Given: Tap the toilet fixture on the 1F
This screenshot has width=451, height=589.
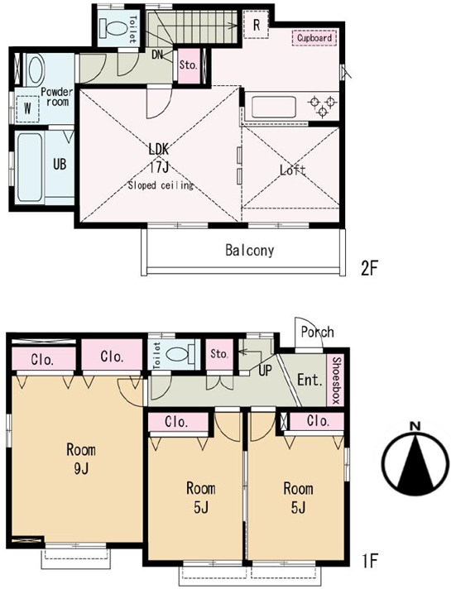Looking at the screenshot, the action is click(x=180, y=354).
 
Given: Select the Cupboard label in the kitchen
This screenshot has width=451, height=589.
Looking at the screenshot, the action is click(x=314, y=38).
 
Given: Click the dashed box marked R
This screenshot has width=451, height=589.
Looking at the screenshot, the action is click(x=257, y=25).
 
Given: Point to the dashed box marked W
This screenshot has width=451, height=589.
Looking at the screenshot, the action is click(x=27, y=108).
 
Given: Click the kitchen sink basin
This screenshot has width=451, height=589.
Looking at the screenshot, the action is click(x=274, y=107).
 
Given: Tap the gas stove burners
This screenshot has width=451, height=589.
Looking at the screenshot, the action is click(x=321, y=106).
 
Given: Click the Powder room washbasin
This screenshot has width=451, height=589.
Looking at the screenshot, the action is click(x=36, y=70).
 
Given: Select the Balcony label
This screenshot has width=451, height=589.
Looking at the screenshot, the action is click(x=250, y=251).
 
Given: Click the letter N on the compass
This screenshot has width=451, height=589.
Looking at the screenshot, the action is click(x=415, y=426).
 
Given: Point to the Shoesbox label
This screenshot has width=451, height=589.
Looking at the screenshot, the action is click(x=336, y=380).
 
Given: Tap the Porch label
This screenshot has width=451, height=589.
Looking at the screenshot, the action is click(x=317, y=332).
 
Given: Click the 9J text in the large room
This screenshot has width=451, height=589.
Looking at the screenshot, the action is click(x=81, y=468).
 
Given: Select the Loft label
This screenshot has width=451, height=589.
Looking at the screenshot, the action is click(x=293, y=170).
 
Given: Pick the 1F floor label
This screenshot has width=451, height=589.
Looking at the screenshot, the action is click(x=369, y=561).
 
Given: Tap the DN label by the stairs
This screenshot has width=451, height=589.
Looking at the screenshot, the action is click(x=157, y=55).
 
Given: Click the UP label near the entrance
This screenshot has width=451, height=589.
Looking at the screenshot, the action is click(x=265, y=371).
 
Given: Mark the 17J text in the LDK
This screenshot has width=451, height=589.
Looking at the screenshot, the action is click(x=159, y=168).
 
